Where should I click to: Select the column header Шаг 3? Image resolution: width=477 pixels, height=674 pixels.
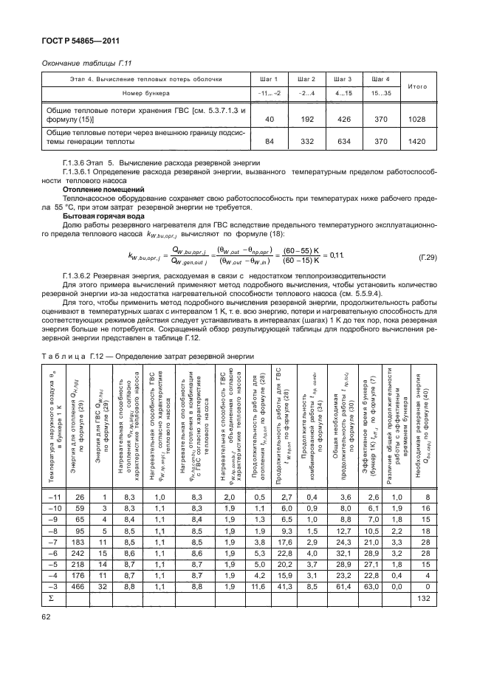click(x=343, y=79)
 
